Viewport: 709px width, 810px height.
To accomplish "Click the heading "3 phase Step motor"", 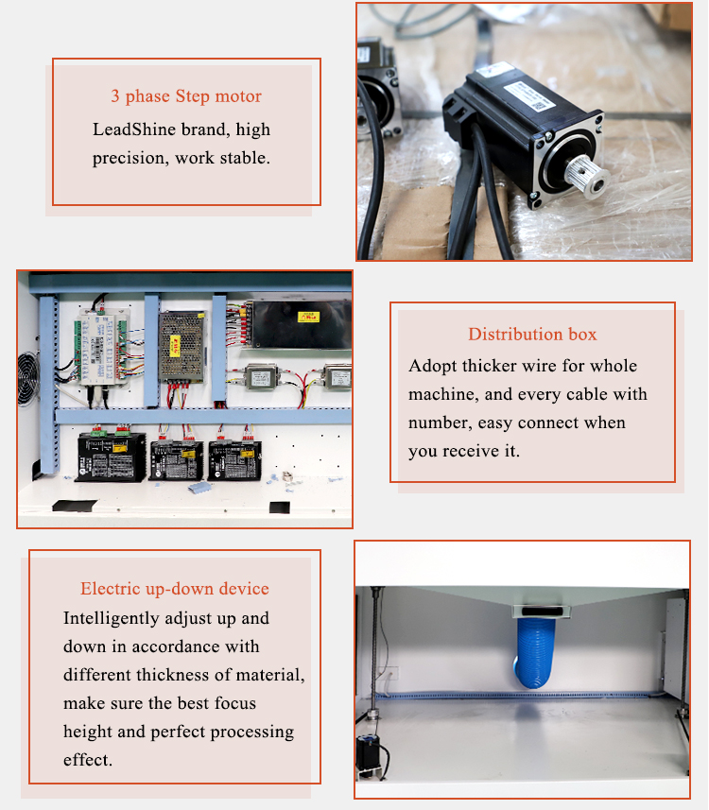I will click(186, 96).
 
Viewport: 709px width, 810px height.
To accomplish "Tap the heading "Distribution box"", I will click(532, 334).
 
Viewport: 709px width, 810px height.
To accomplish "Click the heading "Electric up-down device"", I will click(175, 589).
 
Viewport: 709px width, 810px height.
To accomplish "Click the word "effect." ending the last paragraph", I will click(88, 760).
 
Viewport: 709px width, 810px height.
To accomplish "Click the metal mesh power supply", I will click(182, 345).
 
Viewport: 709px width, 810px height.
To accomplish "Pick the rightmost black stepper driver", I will click(234, 459).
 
